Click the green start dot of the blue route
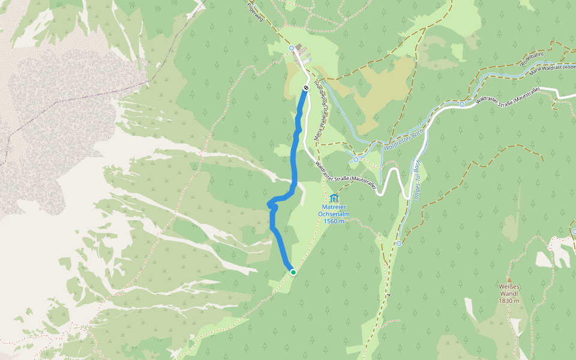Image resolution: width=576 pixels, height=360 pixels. pos(293,272)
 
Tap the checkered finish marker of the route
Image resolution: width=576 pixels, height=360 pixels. pos(306,88)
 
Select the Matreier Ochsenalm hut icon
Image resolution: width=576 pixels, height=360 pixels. pos(334,198)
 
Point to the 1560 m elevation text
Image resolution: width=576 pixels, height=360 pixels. pos(334,221)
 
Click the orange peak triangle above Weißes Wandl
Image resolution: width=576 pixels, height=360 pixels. pos(509,279)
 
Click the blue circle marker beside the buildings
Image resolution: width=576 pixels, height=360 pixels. pos(292,48)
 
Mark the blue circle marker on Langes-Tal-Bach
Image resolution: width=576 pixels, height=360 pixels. pos(399,244)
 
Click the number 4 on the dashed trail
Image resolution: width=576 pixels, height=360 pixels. pos(389,296)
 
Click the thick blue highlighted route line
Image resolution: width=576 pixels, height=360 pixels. pos(293,162)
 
